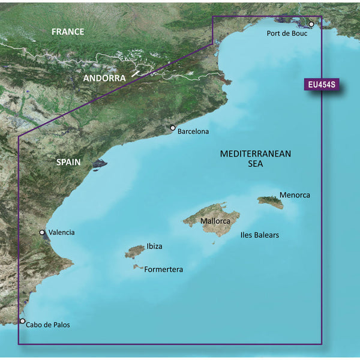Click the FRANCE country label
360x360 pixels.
pos(68,32)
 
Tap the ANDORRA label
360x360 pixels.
pos(104,79)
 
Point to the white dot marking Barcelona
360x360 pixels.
pos(173,128)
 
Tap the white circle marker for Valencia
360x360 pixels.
pos(42,232)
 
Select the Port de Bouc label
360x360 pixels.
pos(287,34)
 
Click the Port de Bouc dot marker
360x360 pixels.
pos(311,25)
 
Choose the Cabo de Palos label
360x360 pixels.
pos(49,325)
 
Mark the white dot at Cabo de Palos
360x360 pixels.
pos(23,322)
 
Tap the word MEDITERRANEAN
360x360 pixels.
pos(256,154)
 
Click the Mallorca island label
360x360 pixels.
pos(216,221)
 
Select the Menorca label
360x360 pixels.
pos(295,196)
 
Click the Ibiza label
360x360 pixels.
pos(154,247)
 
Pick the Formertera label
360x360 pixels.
pos(163,270)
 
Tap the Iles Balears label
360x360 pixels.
pos(259,235)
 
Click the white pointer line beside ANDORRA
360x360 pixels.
pos(137,73)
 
